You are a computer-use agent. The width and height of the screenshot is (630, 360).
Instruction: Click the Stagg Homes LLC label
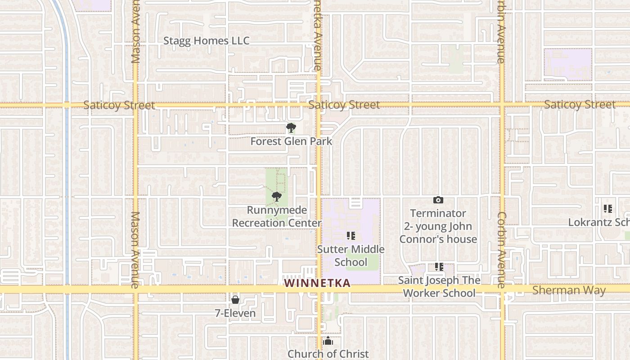206,40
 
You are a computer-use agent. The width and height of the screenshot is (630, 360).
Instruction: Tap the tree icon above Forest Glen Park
291,128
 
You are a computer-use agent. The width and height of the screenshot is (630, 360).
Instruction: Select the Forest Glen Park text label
291,141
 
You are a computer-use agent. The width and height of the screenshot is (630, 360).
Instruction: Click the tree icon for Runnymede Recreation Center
277,197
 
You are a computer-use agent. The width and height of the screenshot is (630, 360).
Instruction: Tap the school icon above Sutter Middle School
351,236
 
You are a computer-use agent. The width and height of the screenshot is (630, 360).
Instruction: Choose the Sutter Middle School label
351,256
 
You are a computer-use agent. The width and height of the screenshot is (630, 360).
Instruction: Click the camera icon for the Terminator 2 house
438,200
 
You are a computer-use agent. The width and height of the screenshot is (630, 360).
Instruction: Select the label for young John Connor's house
438,226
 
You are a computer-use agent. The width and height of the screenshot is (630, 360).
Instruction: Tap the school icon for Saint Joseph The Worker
439,267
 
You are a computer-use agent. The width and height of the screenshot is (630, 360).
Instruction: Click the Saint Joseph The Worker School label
439,287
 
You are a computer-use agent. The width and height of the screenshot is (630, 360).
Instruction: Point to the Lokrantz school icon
608,209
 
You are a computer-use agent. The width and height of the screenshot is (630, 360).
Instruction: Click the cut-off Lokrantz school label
598,222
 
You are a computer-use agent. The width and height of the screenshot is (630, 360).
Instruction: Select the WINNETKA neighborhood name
318,283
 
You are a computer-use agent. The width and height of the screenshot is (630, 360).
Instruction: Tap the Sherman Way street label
569,290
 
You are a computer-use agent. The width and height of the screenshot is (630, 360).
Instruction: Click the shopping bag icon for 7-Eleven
235,300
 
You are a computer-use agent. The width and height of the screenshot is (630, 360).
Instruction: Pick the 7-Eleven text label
235,313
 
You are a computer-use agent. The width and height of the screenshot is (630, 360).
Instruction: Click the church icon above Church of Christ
328,341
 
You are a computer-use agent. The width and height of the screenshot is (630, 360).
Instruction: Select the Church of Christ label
328,354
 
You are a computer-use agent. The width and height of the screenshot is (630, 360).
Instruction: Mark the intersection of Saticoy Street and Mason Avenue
135,105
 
